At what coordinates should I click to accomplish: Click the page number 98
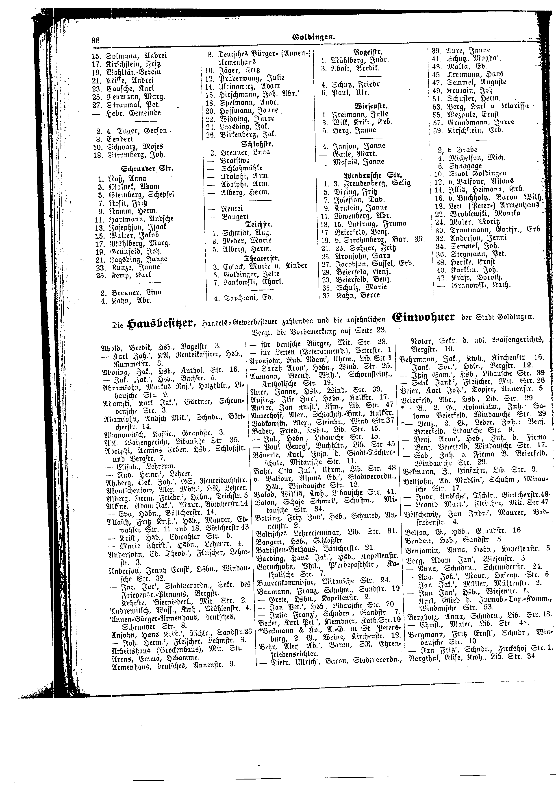coord(96,40)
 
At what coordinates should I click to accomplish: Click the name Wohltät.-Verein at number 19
coord(134,72)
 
